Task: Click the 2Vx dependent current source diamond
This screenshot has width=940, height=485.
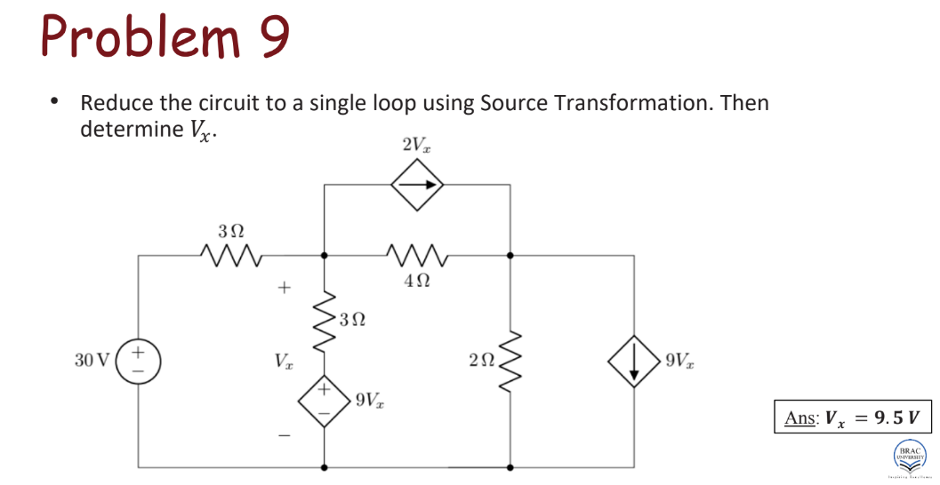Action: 417,185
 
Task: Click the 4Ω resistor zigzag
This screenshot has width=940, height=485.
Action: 416,256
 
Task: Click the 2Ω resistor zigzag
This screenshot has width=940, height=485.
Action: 510,361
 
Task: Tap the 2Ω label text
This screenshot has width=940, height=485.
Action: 479,360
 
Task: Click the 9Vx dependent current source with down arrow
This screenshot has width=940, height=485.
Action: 632,361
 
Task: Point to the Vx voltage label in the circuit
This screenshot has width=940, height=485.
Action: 282,362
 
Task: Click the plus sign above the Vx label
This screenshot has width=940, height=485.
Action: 284,288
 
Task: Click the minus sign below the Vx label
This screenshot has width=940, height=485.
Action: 284,434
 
